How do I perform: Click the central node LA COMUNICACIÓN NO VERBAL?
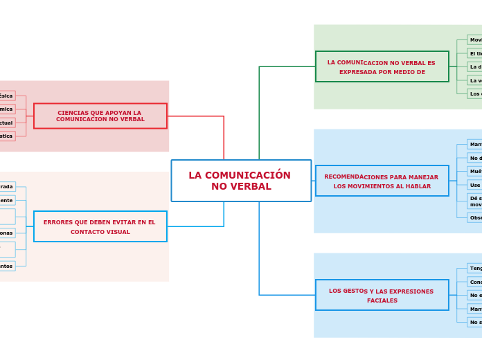click(x=241, y=181)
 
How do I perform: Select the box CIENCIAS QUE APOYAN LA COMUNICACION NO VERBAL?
click(x=100, y=116)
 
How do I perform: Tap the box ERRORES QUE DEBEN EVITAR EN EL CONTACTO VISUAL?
click(x=100, y=226)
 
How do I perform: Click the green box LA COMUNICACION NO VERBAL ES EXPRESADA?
click(x=382, y=66)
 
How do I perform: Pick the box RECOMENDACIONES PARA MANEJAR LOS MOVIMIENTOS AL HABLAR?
click(x=382, y=181)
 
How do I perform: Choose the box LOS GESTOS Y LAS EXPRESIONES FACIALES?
click(x=382, y=295)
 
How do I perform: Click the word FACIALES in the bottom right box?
click(x=382, y=300)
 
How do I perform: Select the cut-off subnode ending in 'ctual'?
click(x=6, y=123)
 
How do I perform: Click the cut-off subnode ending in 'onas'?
click(x=6, y=233)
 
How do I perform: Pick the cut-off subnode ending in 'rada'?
click(x=7, y=186)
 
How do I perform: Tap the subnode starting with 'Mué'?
click(x=474, y=171)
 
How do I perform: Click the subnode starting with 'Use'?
click(x=474, y=185)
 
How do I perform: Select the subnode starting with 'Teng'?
click(x=474, y=268)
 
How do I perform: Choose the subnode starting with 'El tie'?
click(x=474, y=53)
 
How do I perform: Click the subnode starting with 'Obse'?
click(x=474, y=217)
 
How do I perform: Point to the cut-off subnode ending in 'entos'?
click(x=6, y=266)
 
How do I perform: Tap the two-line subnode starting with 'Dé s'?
click(x=474, y=201)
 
